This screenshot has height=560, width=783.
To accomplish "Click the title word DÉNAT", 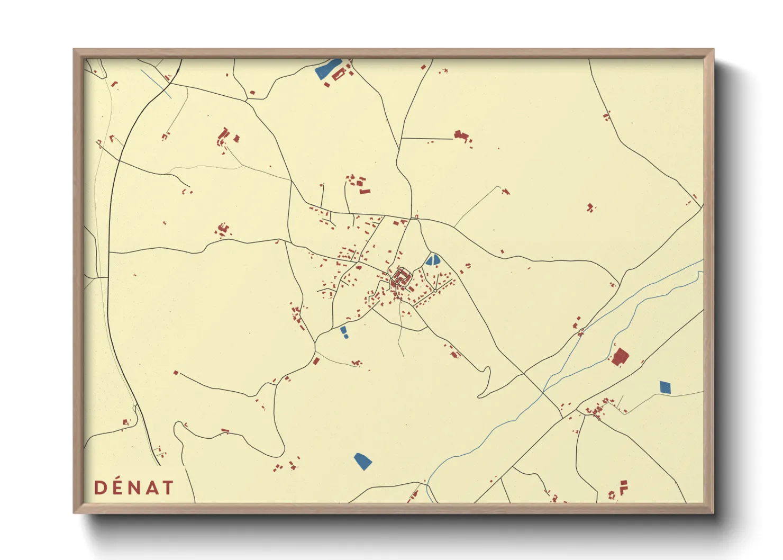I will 134,487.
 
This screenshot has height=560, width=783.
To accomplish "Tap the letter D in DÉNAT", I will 99,487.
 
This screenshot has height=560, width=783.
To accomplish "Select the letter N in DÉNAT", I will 134,487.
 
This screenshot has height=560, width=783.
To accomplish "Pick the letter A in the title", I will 151,487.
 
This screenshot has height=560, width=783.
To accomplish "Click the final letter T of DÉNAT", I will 167,487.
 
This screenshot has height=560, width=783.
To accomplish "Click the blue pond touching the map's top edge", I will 327,69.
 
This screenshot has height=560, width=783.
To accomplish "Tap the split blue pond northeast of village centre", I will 433,260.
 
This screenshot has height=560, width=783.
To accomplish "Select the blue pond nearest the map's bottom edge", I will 362,461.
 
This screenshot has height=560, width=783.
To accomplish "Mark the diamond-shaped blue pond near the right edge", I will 665,387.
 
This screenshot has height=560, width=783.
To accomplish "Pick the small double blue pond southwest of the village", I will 344,332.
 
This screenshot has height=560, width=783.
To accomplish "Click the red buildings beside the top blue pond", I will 341,74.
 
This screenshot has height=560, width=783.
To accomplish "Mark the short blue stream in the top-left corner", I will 156,84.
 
